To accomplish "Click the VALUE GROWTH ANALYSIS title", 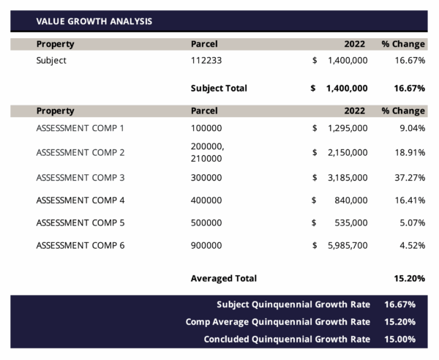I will coord(94,21).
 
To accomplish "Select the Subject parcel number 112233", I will coord(206,61).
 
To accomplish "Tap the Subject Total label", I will coord(219,89).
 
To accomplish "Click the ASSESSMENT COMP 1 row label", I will coord(80,128).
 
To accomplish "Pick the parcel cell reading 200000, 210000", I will coord(207,152).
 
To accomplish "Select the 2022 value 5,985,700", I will coord(347,245).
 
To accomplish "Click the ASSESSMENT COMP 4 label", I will coord(80,200).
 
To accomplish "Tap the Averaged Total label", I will coord(223,279).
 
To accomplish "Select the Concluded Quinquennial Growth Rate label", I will coord(287,339).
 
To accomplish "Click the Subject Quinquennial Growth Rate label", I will coord(293,304).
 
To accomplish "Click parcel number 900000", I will coord(206,245).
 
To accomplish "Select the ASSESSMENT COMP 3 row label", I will coord(80,178).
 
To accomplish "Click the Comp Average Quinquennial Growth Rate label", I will coord(278,322).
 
